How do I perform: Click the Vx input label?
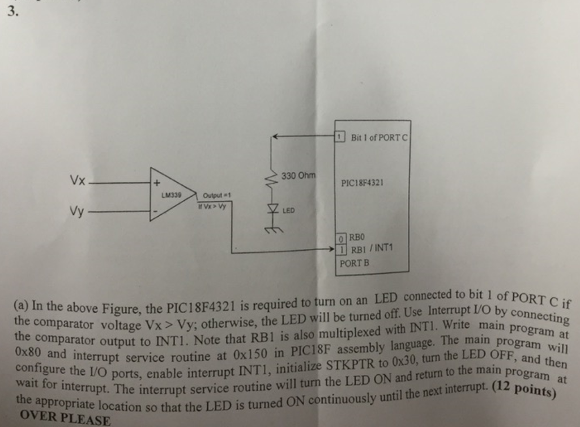pyautogui.click(x=78, y=181)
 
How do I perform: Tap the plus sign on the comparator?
pyautogui.click(x=157, y=183)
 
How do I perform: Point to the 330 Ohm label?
pyautogui.click(x=298, y=176)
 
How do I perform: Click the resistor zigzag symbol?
pyautogui.click(x=271, y=181)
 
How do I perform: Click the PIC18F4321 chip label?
pyautogui.click(x=362, y=183)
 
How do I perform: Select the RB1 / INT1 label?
pyautogui.click(x=371, y=248)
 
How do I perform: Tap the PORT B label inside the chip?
pyautogui.click(x=355, y=263)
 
